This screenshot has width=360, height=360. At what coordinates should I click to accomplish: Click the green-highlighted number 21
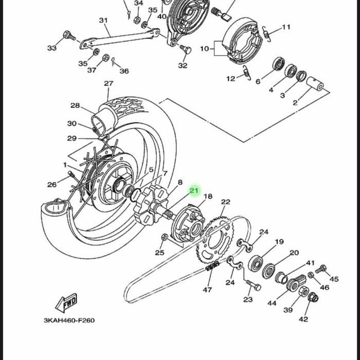tap(194, 190)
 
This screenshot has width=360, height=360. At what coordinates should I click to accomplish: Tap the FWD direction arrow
tap(66, 302)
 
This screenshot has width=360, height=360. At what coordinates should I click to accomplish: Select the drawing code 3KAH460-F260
tap(69, 320)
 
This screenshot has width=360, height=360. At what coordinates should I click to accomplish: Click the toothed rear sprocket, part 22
tap(214, 240)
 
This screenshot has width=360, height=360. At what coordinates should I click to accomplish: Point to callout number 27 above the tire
tap(109, 83)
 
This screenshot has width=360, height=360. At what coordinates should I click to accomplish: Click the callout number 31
tap(103, 21)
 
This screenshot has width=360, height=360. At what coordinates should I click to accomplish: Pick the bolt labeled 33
tap(69, 36)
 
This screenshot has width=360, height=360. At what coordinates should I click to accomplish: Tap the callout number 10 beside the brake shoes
tap(204, 49)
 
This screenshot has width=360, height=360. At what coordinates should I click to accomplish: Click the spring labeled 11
tap(266, 34)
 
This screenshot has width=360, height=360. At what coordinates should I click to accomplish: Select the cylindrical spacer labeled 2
tap(315, 83)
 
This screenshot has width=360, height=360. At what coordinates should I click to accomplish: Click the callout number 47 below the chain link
tap(207, 290)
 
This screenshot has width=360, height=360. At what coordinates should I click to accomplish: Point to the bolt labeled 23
tap(254, 285)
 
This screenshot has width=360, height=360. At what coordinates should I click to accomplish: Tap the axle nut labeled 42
tap(313, 298)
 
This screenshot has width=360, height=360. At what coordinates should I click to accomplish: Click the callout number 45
tap(334, 279)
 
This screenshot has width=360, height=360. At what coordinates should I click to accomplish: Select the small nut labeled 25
tap(165, 237)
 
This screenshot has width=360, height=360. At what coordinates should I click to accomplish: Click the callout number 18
tap(208, 196)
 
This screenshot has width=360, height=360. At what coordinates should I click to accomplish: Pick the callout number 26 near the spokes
tap(52, 184)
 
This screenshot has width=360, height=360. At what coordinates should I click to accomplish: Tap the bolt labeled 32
tap(186, 49)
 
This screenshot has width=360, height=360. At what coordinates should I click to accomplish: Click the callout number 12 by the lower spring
tap(231, 79)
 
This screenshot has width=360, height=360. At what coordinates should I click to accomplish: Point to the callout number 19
tap(279, 242)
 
